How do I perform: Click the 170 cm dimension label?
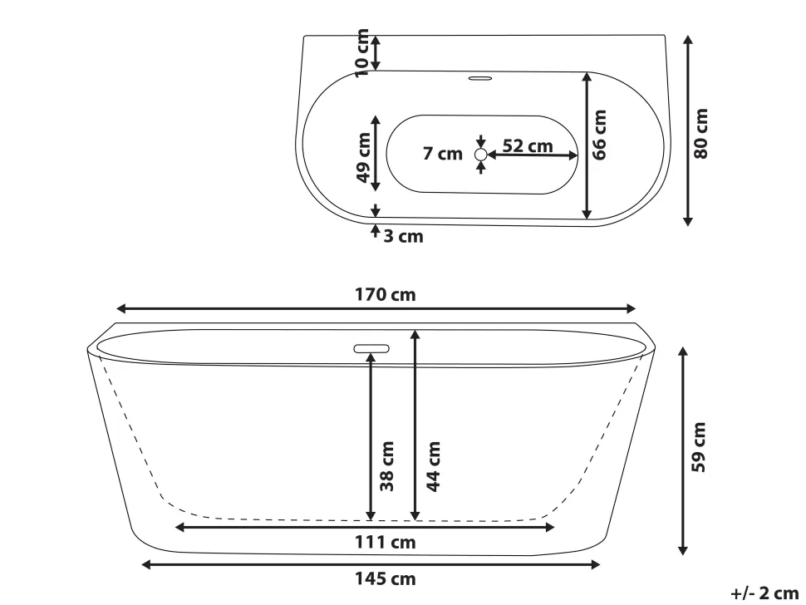click(386, 295)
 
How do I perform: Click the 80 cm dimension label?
click(702, 133)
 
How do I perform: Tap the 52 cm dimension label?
click(528, 146)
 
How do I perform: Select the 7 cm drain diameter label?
click(442, 155)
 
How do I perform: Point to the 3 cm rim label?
click(403, 237)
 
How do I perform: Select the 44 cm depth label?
click(433, 465)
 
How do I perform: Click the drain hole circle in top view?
click(481, 155)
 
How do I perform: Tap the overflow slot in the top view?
click(480, 79)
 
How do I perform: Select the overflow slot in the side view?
click(371, 349)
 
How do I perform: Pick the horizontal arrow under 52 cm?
click(533, 155)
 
